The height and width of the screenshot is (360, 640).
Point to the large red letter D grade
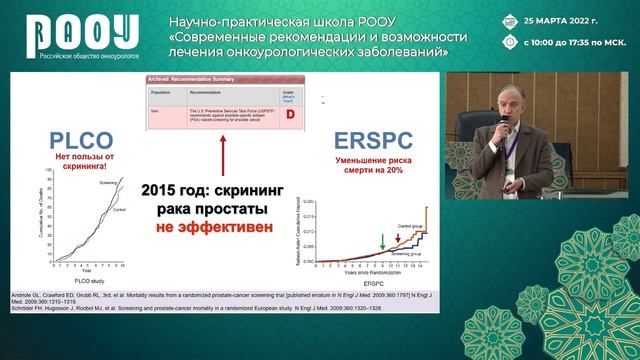tap(293, 113)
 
